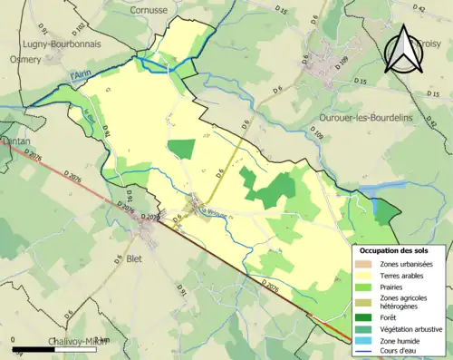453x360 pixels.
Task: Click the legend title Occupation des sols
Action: (396, 249)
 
